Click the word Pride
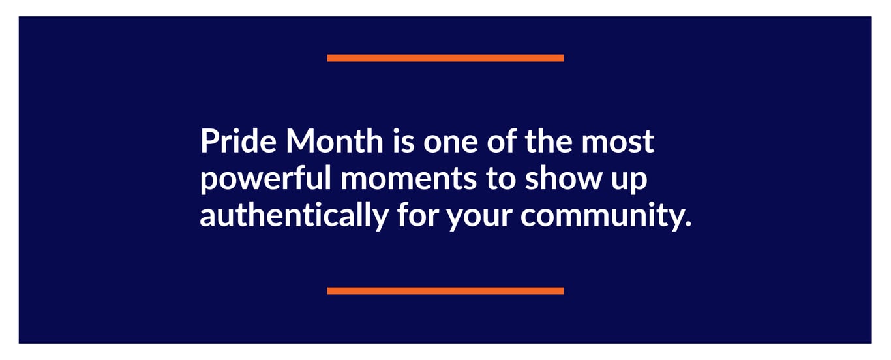(238, 141)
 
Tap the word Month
(334, 141)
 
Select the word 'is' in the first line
(403, 141)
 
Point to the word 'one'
(450, 145)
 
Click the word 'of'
(502, 141)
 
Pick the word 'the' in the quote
(549, 141)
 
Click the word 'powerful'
(265, 179)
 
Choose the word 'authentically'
(294, 215)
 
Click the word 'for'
(417, 214)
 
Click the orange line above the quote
(445, 58)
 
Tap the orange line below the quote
(445, 291)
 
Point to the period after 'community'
(687, 223)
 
